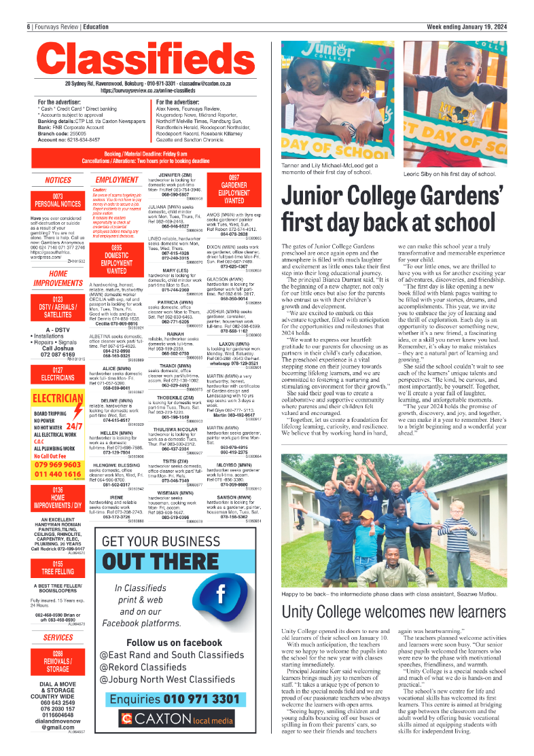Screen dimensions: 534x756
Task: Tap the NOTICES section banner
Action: pos(58,181)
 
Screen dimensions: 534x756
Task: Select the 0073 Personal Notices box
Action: pos(58,200)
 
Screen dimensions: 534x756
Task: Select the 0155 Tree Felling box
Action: pos(58,586)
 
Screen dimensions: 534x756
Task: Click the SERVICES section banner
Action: pos(58,638)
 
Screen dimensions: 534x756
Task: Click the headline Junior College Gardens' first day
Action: pos(393,209)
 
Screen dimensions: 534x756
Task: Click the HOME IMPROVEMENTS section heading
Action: pos(58,278)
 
